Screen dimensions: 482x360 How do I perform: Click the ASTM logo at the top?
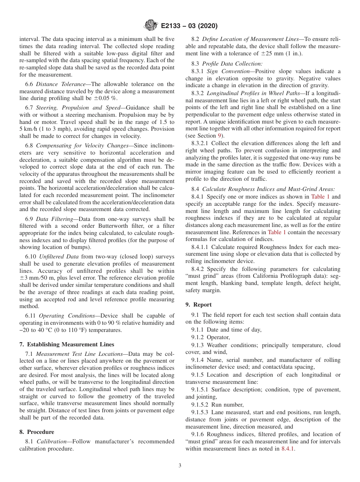click(150, 26)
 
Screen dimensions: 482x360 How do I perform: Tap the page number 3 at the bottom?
click(180, 466)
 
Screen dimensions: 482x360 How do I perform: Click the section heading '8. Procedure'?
click(37, 432)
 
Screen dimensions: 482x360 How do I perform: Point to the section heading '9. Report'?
click(199, 305)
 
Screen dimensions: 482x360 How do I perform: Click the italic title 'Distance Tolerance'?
click(57, 84)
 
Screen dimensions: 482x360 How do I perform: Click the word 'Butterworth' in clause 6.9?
click(108, 226)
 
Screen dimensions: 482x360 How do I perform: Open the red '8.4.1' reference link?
click(288, 449)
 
